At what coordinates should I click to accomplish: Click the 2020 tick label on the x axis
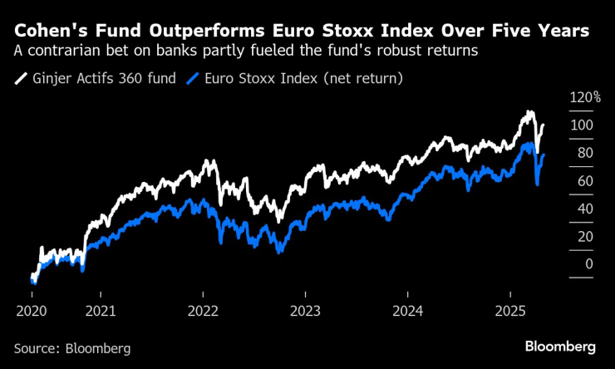click(x=32, y=310)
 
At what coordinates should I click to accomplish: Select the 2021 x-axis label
click(x=101, y=310)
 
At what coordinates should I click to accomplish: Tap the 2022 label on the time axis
click(x=203, y=310)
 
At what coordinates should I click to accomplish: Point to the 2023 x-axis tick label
click(x=305, y=310)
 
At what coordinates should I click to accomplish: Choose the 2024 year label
click(x=407, y=310)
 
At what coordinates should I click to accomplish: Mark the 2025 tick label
click(x=509, y=310)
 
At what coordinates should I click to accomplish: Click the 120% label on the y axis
click(x=585, y=97)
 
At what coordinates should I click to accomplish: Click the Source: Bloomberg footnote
click(x=72, y=348)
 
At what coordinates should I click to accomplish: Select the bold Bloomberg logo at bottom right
click(x=560, y=346)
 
